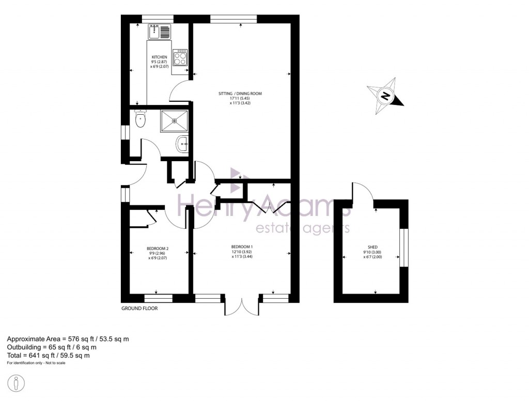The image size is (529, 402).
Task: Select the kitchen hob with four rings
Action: tap(180, 57)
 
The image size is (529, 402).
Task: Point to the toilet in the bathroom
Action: tap(140, 120)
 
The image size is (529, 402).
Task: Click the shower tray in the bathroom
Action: tap(175, 120)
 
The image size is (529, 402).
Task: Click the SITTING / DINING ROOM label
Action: tap(240, 94)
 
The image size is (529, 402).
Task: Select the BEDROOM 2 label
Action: tap(158, 249)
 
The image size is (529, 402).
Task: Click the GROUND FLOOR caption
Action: tap(139, 308)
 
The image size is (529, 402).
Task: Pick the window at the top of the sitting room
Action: tap(234, 19)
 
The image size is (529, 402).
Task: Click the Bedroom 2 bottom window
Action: tap(158, 298)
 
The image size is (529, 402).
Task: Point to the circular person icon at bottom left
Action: tap(17, 383)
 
